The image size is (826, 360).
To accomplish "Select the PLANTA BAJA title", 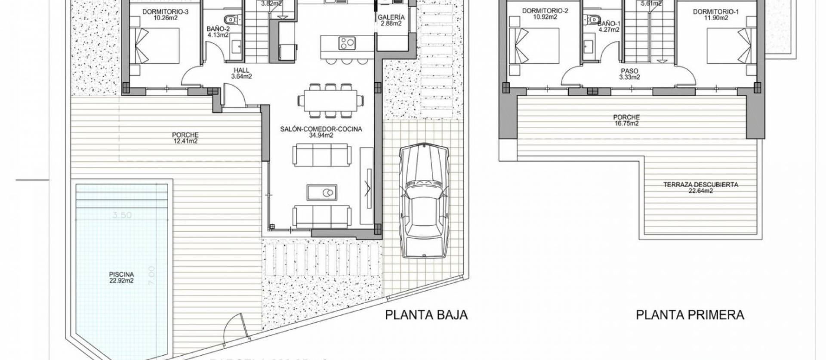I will (x=426, y=315).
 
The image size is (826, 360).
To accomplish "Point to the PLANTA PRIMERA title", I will (x=690, y=315).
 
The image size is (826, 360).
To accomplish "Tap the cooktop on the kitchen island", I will (x=346, y=43).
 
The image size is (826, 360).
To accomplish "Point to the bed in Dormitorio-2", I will (x=534, y=46).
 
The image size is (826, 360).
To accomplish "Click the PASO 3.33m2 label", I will (x=629, y=74).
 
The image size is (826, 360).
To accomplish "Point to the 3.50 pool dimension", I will (x=122, y=215).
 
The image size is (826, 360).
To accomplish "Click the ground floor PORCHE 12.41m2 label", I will (x=185, y=138).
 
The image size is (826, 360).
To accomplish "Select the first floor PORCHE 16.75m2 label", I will (x=626, y=120).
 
